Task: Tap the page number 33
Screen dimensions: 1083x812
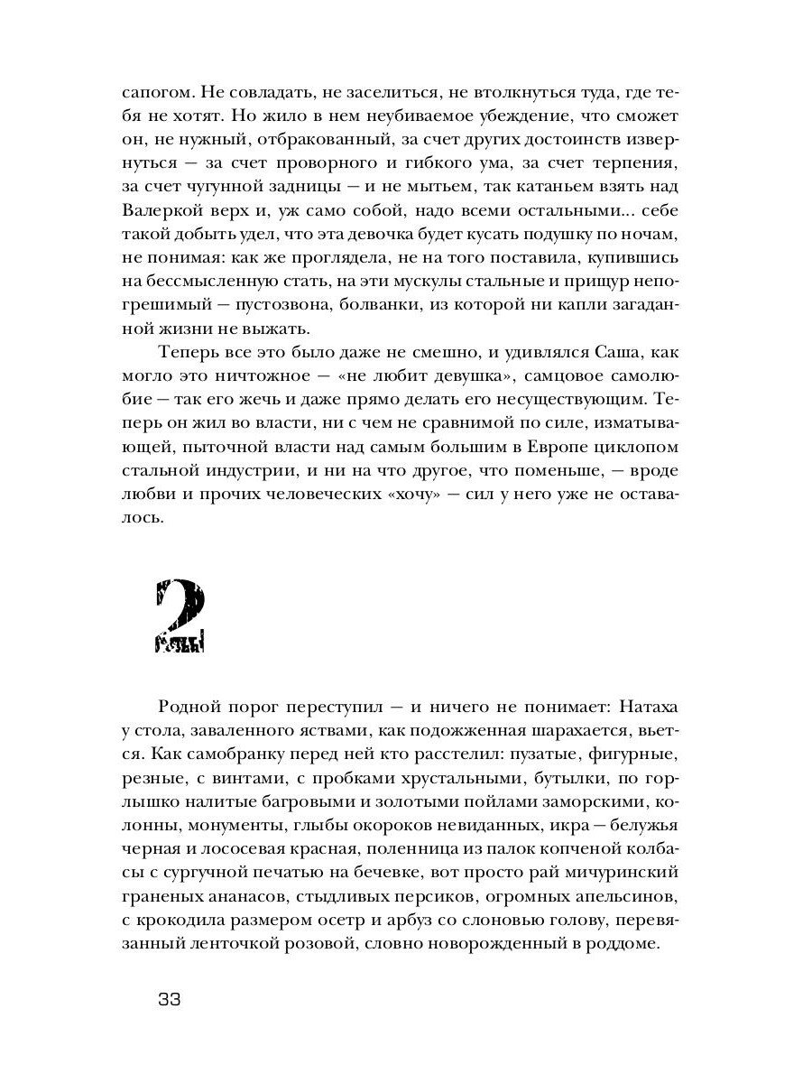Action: [x=170, y=999]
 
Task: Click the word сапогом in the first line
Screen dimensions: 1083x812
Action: [x=152, y=92]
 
